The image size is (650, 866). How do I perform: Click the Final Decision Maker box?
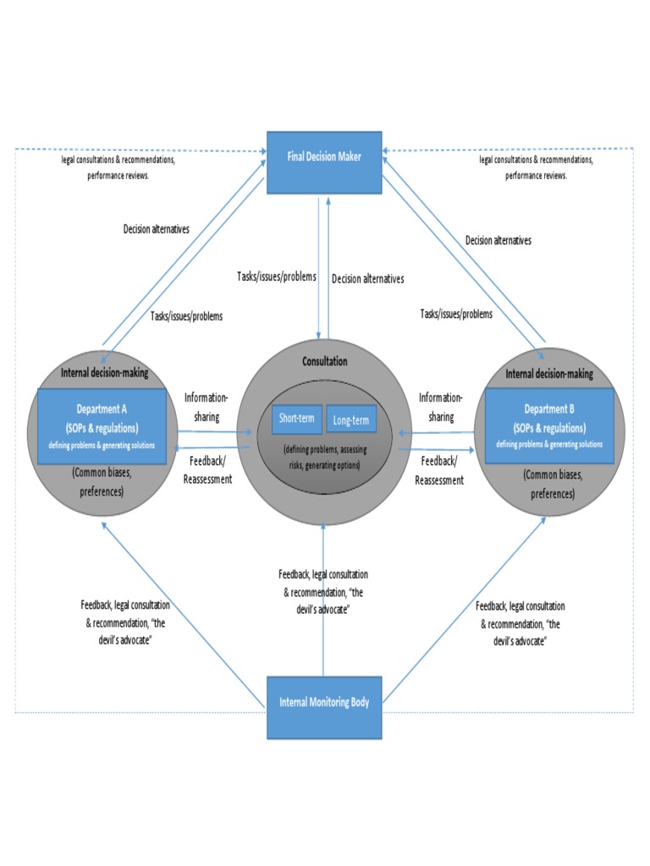(324, 162)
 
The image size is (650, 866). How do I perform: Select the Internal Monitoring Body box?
(324, 708)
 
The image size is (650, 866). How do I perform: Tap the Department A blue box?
(102, 426)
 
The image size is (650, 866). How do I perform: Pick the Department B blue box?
(549, 425)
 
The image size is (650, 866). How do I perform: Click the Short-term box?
(297, 419)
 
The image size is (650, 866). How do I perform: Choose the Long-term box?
(351, 419)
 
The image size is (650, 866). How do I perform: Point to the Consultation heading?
(324, 361)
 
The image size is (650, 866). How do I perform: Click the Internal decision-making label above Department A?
(104, 373)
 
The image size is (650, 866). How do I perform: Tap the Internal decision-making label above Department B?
(549, 374)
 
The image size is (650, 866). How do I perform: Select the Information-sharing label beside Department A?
(207, 407)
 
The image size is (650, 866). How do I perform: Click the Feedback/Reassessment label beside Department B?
(439, 470)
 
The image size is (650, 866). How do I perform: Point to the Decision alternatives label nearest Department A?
(157, 228)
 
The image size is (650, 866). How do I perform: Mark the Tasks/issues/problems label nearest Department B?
(456, 314)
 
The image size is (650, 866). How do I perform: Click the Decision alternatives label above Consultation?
(368, 279)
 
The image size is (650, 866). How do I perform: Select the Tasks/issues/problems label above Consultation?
(277, 277)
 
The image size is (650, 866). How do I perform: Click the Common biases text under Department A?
(102, 482)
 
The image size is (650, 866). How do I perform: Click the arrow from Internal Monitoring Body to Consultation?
(323, 600)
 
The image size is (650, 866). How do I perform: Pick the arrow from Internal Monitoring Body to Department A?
(184, 615)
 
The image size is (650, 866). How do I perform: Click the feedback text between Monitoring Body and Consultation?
(323, 592)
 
